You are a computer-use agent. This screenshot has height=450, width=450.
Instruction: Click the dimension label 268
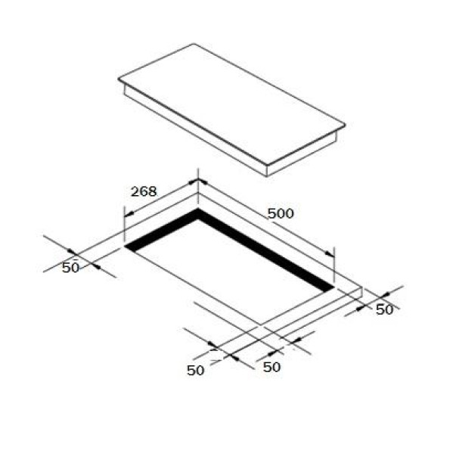[x=144, y=191]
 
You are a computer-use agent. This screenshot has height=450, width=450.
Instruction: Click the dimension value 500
[x=281, y=213]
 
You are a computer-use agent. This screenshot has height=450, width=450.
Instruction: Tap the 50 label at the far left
[x=70, y=267]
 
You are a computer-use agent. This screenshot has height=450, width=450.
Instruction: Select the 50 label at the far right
[x=384, y=309]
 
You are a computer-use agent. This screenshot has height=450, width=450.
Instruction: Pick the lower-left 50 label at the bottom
[x=195, y=371]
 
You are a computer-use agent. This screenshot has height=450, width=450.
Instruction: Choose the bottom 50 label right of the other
[x=272, y=367]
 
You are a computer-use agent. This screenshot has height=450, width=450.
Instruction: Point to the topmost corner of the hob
[x=194, y=44]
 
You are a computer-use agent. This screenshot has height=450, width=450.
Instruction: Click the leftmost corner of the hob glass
[x=119, y=79]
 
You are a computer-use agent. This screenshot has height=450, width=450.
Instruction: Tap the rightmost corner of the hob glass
[x=345, y=125]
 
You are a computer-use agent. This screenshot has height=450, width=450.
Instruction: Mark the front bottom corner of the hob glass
[x=267, y=165]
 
